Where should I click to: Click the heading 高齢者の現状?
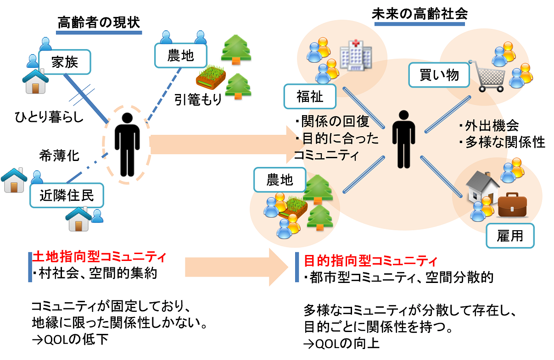(x=98, y=22)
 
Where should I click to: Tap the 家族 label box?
(x=64, y=61)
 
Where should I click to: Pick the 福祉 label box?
(x=310, y=97)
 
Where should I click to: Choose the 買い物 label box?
(x=439, y=75)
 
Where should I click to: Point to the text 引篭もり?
(x=198, y=99)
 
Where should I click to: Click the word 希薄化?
(x=60, y=155)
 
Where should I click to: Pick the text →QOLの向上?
(x=341, y=343)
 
